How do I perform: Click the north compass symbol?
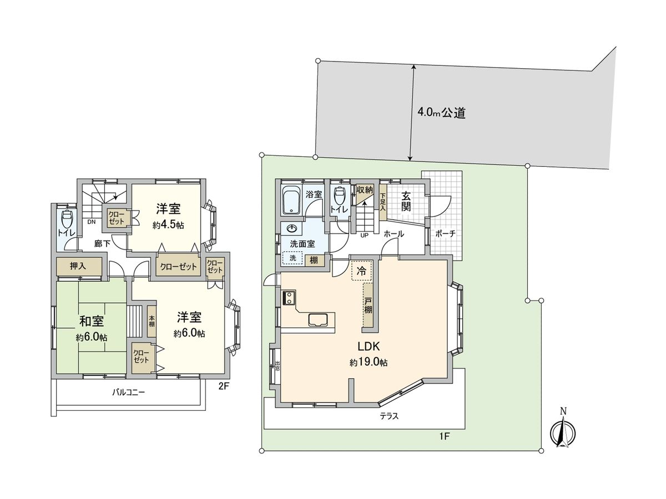click(x=563, y=431)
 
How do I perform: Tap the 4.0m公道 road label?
click(x=441, y=114)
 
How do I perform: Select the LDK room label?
click(x=368, y=347)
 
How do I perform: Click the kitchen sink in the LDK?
click(x=319, y=320)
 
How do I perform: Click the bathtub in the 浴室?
click(x=292, y=201)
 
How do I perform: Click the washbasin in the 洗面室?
click(x=291, y=228)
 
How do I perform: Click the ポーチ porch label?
click(x=445, y=233)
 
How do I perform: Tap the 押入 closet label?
click(x=78, y=267)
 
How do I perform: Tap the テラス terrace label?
click(x=389, y=416)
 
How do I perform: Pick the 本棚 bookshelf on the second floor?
click(x=152, y=322)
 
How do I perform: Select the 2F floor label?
click(x=223, y=387)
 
